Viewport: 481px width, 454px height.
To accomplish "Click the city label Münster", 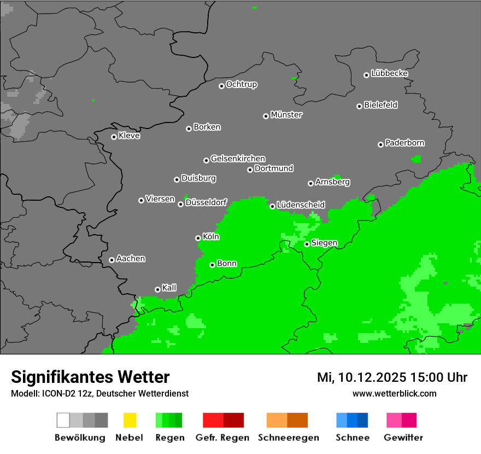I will click(x=286, y=115).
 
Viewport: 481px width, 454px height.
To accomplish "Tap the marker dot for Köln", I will click(x=198, y=238).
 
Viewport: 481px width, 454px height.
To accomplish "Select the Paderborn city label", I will click(x=404, y=143).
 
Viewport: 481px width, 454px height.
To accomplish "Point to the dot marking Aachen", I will click(x=112, y=260).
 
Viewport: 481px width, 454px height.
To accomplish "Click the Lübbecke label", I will click(x=389, y=73).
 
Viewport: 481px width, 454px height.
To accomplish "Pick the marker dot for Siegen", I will click(x=307, y=244).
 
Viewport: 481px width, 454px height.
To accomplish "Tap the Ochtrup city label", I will click(x=241, y=84).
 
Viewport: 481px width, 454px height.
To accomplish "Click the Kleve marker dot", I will click(x=114, y=137).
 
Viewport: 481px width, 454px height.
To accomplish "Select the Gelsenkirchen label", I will click(x=238, y=159).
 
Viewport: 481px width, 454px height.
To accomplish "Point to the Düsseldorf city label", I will click(x=206, y=202).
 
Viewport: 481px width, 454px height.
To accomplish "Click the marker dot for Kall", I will click(x=157, y=289).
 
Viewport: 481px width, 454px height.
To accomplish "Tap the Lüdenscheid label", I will click(x=301, y=205).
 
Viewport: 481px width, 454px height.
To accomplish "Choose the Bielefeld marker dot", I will click(x=359, y=106).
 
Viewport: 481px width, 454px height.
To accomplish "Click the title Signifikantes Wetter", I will click(x=90, y=377).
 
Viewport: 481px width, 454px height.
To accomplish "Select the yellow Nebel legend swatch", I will click(x=130, y=420).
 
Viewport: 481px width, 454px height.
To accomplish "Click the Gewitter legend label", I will click(x=403, y=438).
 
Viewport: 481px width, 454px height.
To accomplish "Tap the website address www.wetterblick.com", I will click(x=394, y=393).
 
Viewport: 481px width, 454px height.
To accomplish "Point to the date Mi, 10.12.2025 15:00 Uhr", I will click(x=392, y=377).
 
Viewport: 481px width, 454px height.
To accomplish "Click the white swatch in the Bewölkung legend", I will click(x=63, y=420).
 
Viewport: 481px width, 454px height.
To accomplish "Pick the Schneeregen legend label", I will click(x=288, y=438).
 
